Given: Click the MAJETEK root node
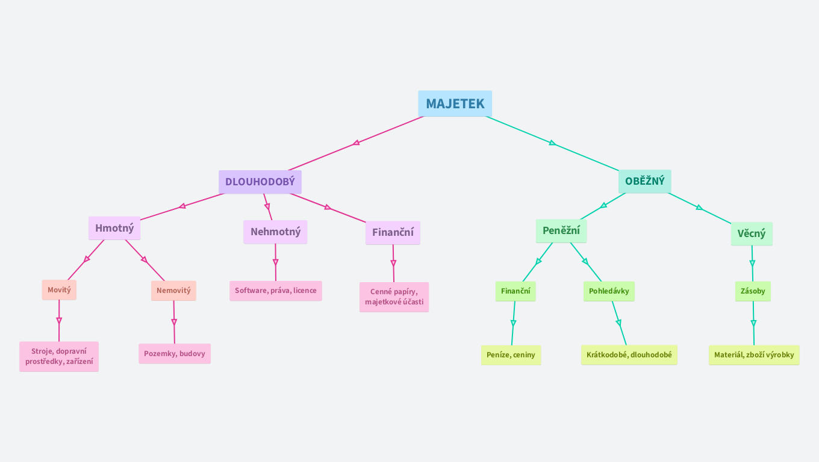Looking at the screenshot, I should [455, 103].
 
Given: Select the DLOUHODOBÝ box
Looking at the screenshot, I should [260, 182].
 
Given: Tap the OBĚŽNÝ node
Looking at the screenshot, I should [644, 181].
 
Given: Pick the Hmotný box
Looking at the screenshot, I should [114, 229].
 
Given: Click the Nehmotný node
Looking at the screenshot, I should [275, 232].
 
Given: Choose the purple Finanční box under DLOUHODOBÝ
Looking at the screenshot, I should [393, 233].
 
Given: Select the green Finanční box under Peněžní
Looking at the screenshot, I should [515, 291].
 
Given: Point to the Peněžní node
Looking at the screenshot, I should [561, 231].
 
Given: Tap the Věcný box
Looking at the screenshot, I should [752, 234].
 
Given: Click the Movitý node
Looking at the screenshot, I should [59, 290].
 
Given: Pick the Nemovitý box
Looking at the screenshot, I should [173, 291].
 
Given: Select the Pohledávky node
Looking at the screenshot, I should [609, 291].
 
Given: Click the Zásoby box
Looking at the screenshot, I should [753, 291].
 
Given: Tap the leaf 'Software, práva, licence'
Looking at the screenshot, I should [275, 291].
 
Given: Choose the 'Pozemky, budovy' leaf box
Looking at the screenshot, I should [175, 354].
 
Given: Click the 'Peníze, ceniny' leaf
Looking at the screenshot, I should [511, 355].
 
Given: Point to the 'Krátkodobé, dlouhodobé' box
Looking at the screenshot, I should [629, 355].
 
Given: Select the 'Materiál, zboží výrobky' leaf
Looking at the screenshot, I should [754, 355].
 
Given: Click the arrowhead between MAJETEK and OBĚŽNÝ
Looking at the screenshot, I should [552, 143].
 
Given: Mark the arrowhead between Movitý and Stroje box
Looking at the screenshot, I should [59, 321].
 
